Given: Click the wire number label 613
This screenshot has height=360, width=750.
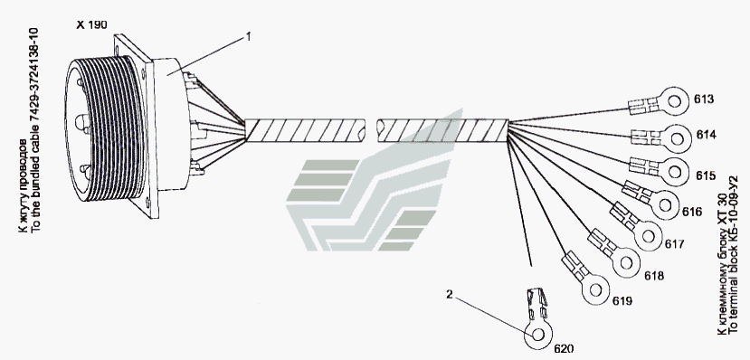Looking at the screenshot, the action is click(704, 99).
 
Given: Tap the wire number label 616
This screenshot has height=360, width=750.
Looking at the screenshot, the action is click(691, 212).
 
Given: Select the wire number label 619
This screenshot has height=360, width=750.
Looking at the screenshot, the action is click(622, 300).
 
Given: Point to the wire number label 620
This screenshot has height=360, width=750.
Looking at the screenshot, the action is click(564, 348).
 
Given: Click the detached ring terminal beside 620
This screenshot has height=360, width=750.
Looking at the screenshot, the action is click(537, 319).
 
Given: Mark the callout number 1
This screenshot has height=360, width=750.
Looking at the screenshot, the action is click(248, 37).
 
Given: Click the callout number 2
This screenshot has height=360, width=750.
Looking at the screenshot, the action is click(449, 294).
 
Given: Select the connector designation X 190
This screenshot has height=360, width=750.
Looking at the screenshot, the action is click(92, 24).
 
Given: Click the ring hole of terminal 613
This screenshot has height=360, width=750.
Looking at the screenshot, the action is click(674, 101).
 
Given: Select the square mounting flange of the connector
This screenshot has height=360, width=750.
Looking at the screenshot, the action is click(138, 127).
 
